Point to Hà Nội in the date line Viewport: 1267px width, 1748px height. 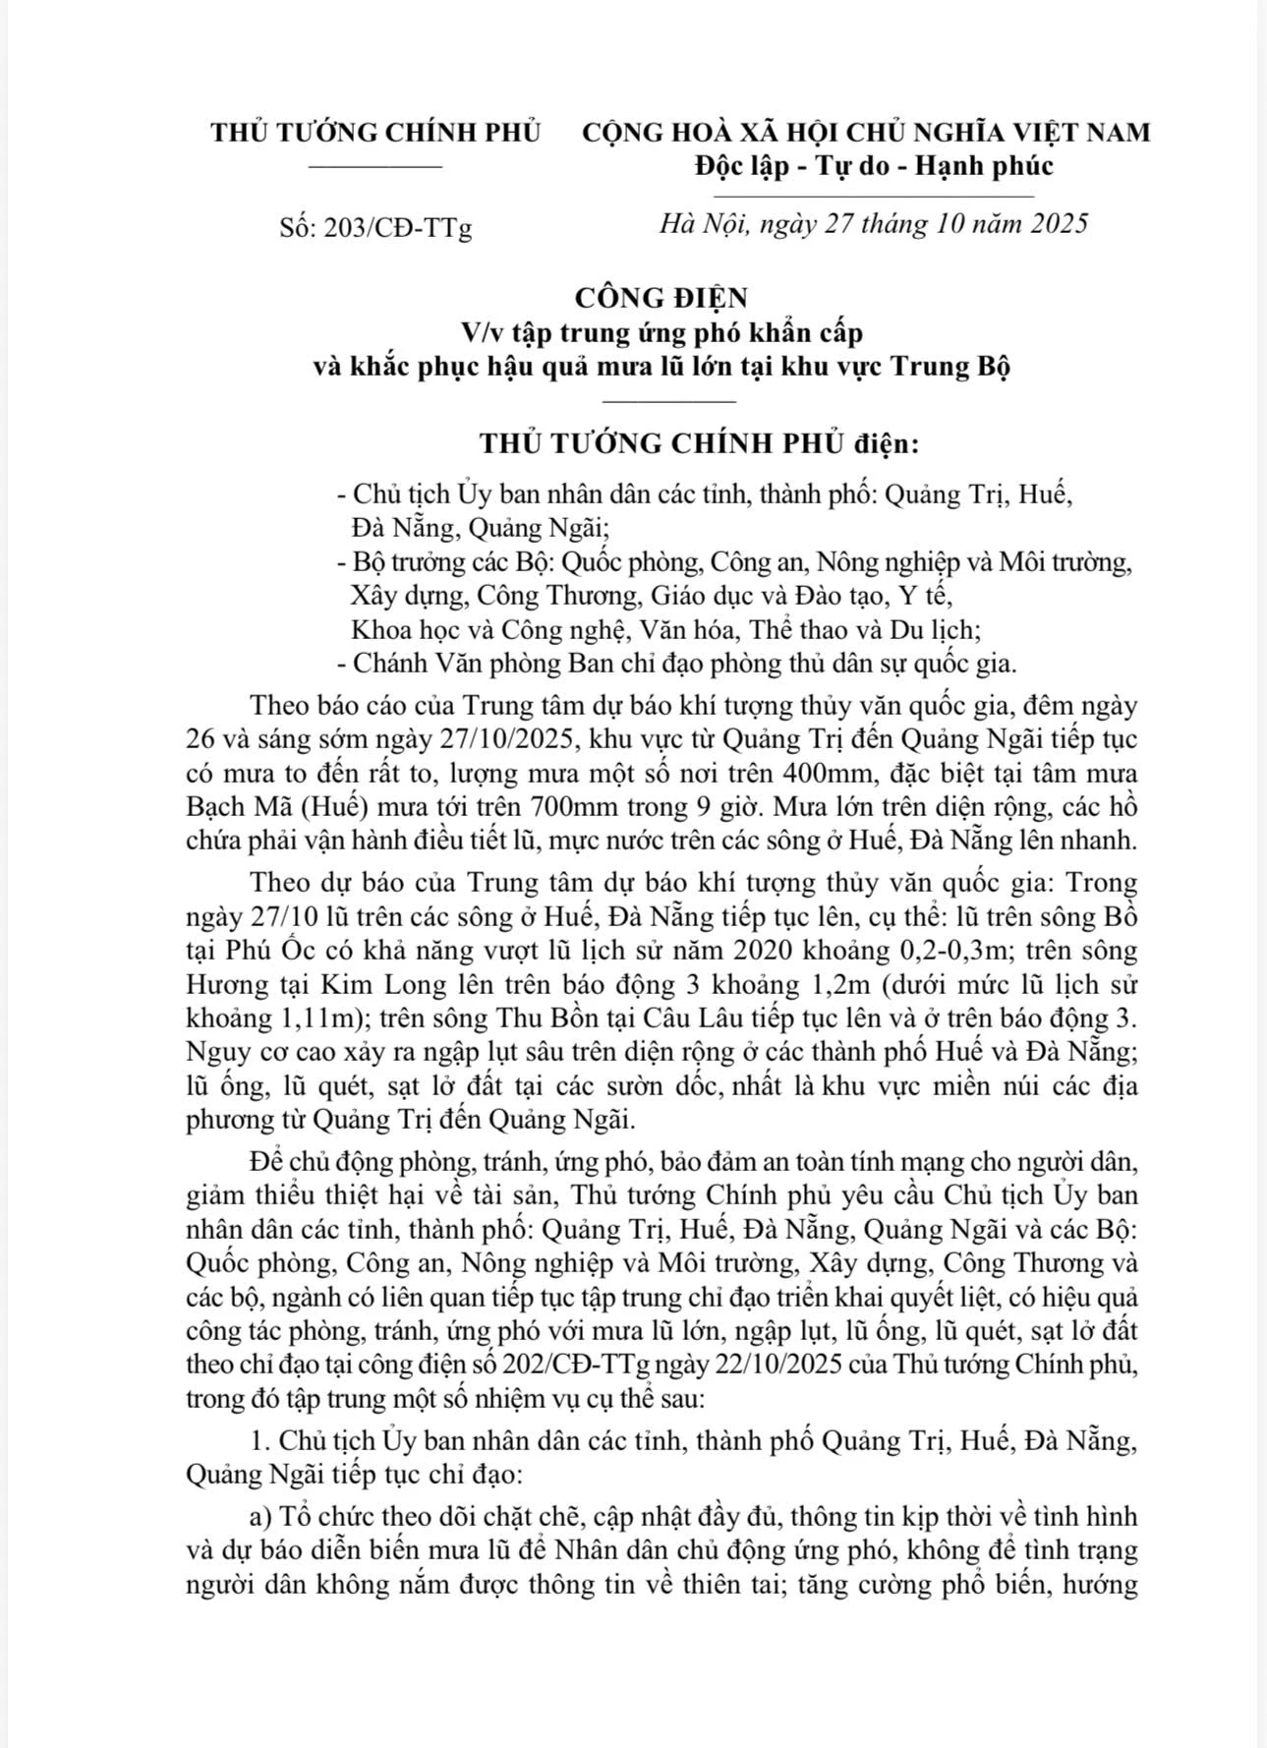(x=704, y=224)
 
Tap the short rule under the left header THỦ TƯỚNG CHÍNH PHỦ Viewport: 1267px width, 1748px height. (x=375, y=167)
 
